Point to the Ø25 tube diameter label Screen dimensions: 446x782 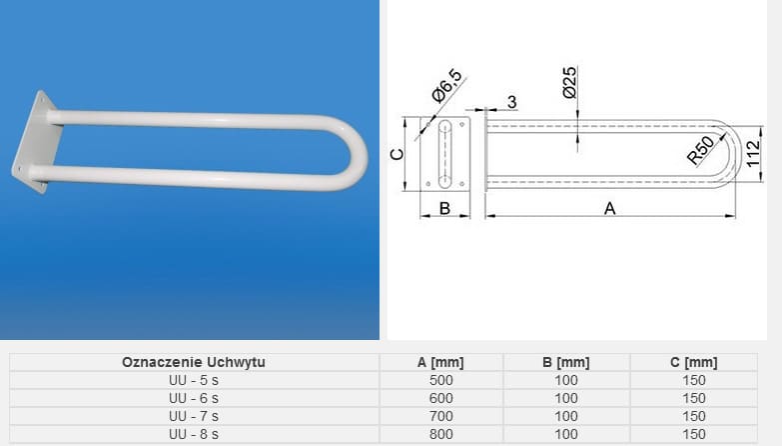click(569, 82)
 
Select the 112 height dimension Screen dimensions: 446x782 click(754, 153)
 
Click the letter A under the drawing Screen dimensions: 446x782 click(609, 207)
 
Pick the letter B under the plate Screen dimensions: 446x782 click(445, 207)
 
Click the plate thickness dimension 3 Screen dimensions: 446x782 click(511, 102)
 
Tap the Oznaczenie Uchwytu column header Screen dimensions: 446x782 click(194, 362)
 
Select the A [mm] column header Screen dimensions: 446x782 click(440, 362)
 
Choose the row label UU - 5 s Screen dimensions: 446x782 click(194, 380)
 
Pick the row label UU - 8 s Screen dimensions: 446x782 click(194, 434)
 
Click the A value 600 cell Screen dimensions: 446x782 click(440, 398)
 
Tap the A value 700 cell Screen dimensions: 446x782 click(440, 416)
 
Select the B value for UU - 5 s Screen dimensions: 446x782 click(565, 380)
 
